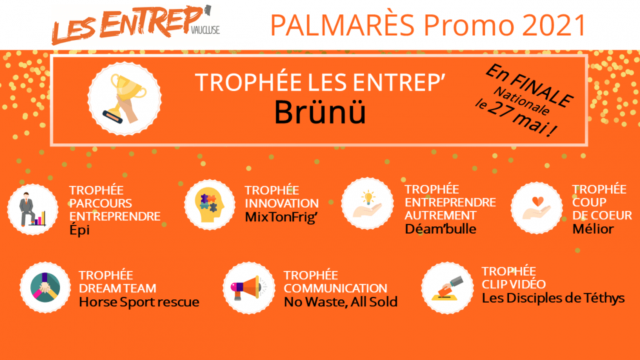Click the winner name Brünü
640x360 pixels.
click(x=320, y=112)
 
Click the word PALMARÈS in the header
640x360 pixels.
click(x=342, y=25)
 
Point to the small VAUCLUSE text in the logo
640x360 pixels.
click(x=205, y=30)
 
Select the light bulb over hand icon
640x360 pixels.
click(x=367, y=203)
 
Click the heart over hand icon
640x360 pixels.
click(x=537, y=208)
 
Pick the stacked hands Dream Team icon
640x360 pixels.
click(x=45, y=287)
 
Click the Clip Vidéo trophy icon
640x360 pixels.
click(x=447, y=288)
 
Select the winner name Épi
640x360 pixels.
click(x=79, y=230)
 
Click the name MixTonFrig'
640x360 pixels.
click(x=281, y=217)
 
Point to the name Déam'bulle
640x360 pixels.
click(x=441, y=228)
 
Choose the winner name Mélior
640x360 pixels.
click(x=593, y=228)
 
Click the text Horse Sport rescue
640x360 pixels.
click(x=139, y=302)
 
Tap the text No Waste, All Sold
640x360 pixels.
click(x=341, y=302)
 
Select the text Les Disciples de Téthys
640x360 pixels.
click(x=553, y=298)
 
